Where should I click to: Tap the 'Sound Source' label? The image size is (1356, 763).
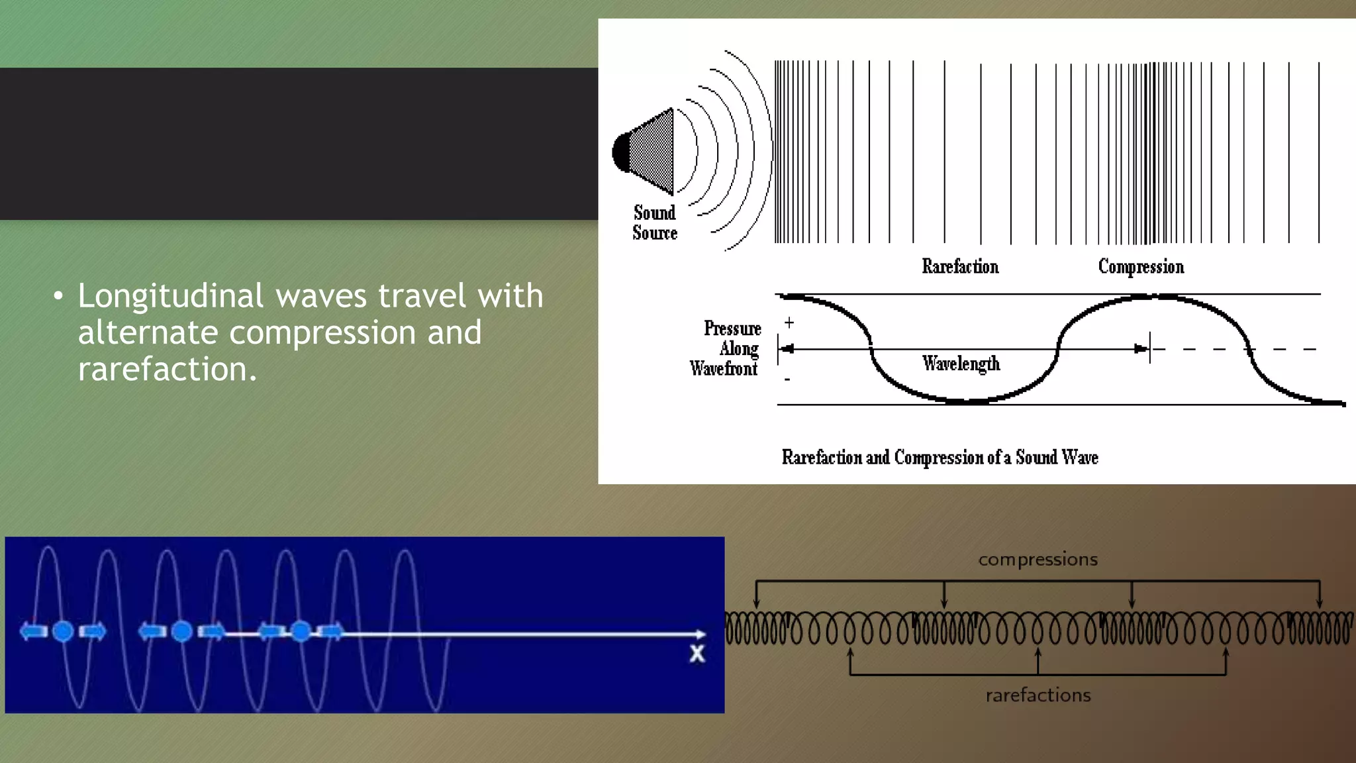coord(655,223)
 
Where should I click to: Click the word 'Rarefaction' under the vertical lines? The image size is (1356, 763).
coord(960,267)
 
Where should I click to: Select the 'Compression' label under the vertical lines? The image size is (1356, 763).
coord(1141,267)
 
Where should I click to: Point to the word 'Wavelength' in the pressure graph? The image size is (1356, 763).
coord(961,364)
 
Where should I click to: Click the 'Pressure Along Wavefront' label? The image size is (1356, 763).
coord(726,348)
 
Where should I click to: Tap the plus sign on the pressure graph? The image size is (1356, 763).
coord(789,323)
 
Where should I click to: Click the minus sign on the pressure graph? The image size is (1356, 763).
coord(787,380)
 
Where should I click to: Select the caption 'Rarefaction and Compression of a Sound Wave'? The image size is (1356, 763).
coord(940,458)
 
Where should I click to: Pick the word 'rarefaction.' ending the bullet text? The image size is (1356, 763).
coord(167,370)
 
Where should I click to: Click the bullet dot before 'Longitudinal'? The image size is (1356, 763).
coord(58,296)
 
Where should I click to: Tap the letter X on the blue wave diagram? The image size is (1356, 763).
coord(697,654)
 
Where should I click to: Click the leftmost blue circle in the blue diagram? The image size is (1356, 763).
coord(63,632)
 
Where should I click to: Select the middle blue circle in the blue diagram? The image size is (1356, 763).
coord(181,632)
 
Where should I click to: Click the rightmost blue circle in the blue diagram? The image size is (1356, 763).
coord(301,632)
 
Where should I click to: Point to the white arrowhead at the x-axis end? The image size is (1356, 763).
coord(701,635)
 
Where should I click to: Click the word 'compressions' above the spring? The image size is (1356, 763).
coord(1038,560)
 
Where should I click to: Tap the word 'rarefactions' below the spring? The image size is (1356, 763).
coord(1038,695)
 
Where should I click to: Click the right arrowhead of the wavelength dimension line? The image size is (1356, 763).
coord(1141,349)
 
